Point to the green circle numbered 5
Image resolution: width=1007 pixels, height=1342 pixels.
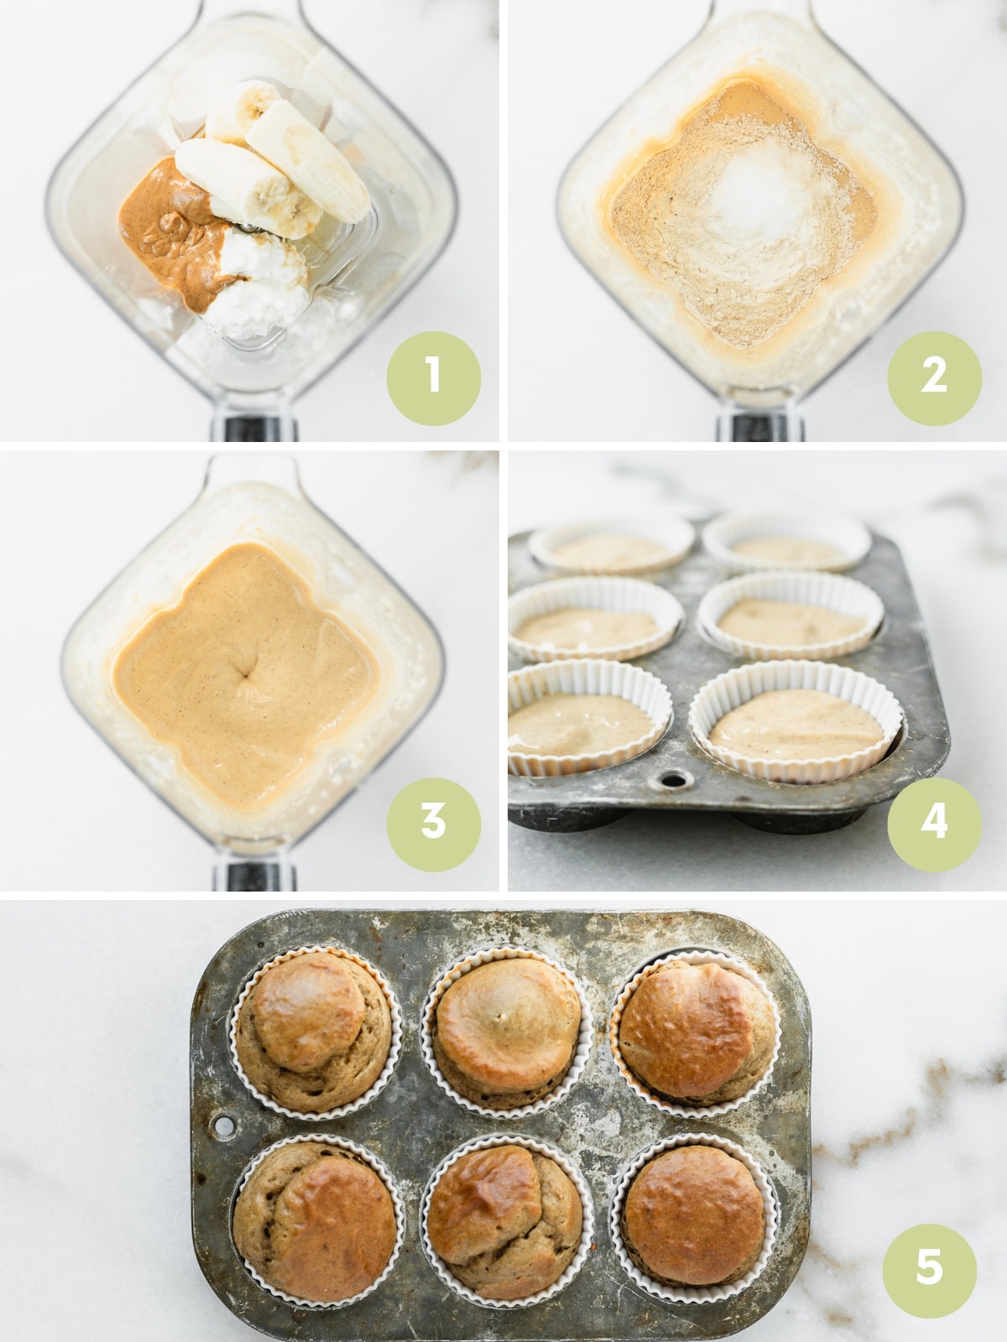(x=929, y=1267)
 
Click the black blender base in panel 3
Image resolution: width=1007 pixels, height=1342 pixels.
(x=250, y=876)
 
